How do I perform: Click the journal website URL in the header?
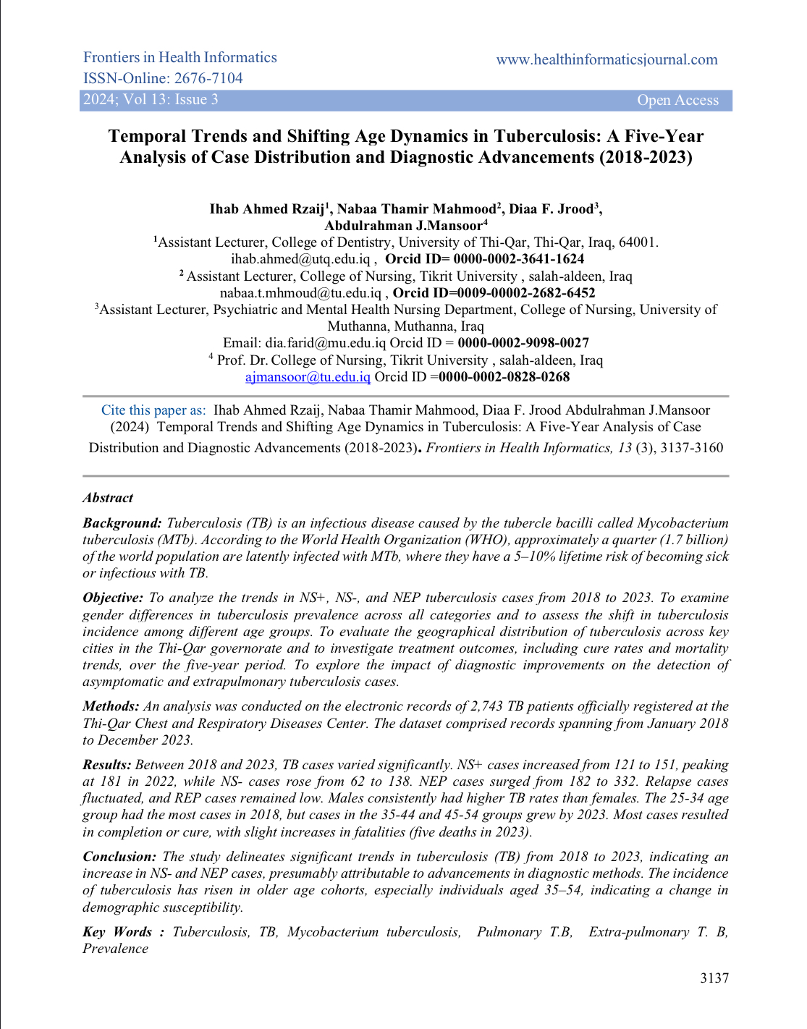(x=607, y=60)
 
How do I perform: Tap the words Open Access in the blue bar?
(x=677, y=101)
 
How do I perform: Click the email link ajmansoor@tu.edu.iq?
(x=308, y=377)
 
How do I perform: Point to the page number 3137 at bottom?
(x=714, y=978)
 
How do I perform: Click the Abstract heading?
(x=108, y=498)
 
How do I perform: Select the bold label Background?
(x=122, y=523)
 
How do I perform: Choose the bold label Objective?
(x=113, y=598)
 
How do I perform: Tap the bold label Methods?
(x=111, y=706)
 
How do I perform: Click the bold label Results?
(x=107, y=765)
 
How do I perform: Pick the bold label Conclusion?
(x=119, y=857)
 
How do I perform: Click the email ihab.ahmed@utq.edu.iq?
(x=300, y=259)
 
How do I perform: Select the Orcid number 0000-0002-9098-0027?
(x=523, y=343)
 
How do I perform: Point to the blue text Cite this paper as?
(x=153, y=410)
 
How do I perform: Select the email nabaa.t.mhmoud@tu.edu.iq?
(x=300, y=293)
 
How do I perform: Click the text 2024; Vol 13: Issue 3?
(x=151, y=100)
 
